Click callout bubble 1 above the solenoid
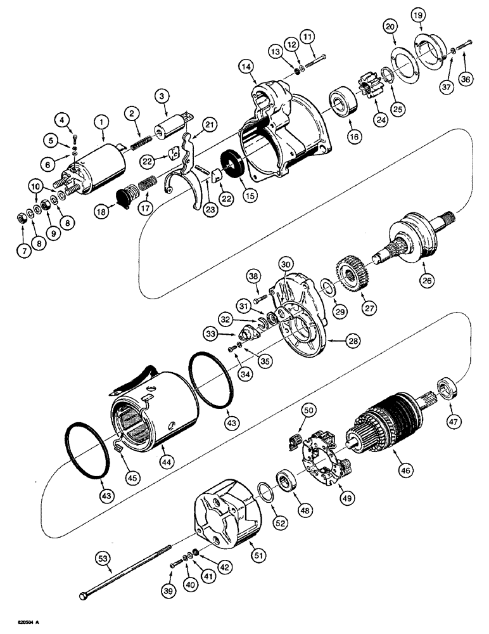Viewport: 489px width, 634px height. (99, 119)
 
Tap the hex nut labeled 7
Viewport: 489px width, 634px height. (22, 219)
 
